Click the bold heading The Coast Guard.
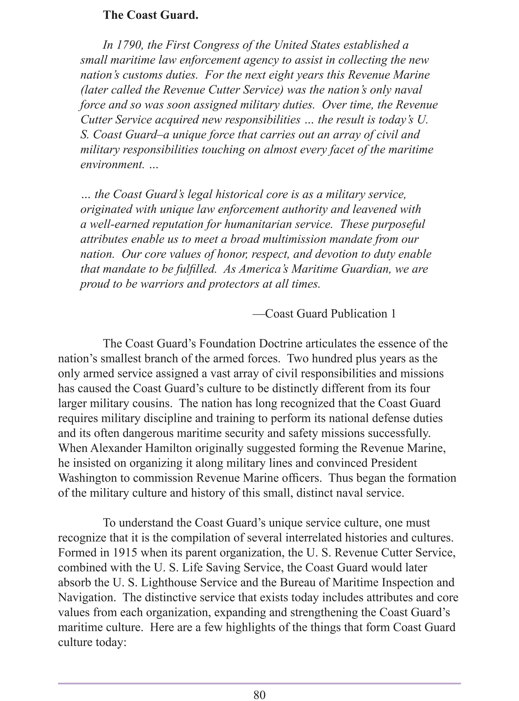[x=151, y=15]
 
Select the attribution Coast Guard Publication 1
[x=330, y=314]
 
